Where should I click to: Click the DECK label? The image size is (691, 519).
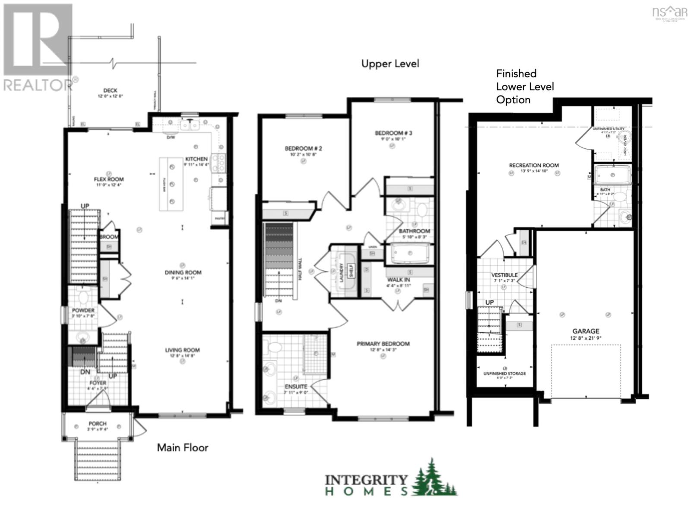click(110, 90)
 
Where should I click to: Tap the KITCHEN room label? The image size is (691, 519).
click(197, 159)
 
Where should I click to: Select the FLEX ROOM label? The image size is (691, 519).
click(109, 179)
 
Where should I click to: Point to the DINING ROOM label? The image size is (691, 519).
click(183, 272)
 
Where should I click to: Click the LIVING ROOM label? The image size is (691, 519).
click(182, 350)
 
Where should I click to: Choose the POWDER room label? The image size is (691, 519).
click(83, 311)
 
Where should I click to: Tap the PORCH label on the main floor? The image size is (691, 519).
click(98, 423)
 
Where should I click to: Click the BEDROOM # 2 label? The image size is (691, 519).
click(303, 148)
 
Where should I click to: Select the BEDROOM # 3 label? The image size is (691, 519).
click(393, 133)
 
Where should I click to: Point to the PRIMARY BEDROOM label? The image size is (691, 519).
click(383, 344)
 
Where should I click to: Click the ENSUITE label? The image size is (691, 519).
click(296, 387)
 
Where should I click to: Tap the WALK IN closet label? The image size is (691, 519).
click(398, 280)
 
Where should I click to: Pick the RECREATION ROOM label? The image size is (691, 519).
click(534, 165)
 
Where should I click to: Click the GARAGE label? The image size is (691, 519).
click(586, 331)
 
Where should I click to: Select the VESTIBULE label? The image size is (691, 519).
click(504, 275)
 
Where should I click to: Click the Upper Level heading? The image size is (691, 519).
click(390, 64)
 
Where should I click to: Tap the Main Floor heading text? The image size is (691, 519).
click(182, 447)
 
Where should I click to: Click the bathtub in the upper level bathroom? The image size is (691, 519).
click(410, 254)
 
